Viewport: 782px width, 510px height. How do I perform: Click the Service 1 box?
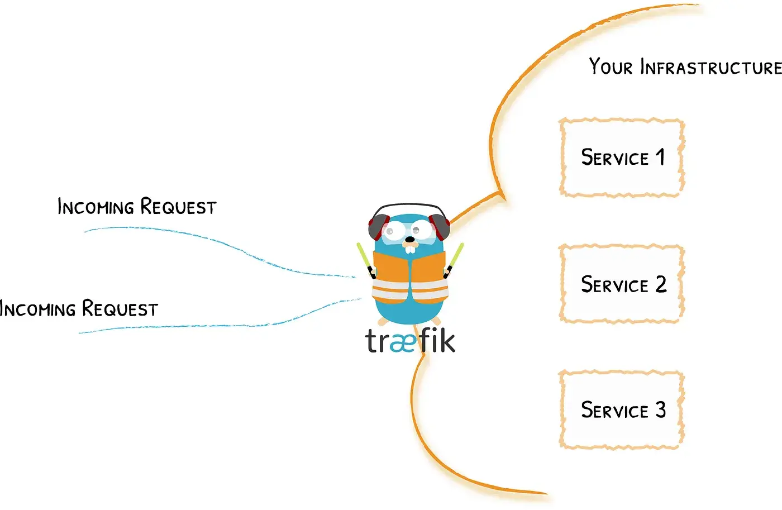pyautogui.click(x=622, y=158)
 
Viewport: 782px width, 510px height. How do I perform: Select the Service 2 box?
pyautogui.click(x=622, y=284)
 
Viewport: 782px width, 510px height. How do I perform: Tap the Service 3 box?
pyautogui.click(x=622, y=409)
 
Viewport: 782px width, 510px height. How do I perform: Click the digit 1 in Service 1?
pyautogui.click(x=660, y=157)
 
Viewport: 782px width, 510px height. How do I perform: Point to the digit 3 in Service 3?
pyautogui.click(x=661, y=410)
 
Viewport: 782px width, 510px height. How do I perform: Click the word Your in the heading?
pyautogui.click(x=611, y=66)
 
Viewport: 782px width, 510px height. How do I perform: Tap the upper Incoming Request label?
pyautogui.click(x=137, y=207)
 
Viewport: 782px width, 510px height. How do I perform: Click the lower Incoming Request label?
pyautogui.click(x=78, y=308)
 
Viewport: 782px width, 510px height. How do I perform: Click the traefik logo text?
pyautogui.click(x=410, y=340)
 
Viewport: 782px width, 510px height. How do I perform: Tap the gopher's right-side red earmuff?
pyautogui.click(x=442, y=226)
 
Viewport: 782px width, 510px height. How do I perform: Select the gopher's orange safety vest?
pyautogui.click(x=410, y=277)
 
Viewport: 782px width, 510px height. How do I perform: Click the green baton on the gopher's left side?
pyautogui.click(x=365, y=258)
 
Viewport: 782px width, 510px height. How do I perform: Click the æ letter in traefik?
pyautogui.click(x=404, y=342)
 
